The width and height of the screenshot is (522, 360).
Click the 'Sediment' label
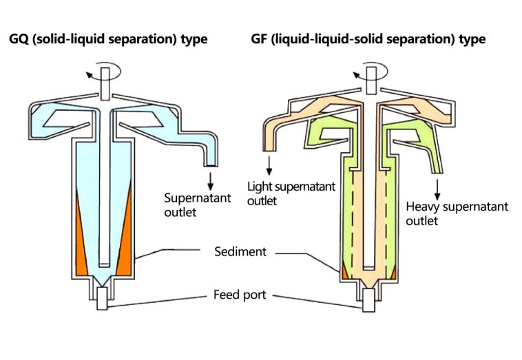(x=240, y=251)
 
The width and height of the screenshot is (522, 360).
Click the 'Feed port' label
(x=240, y=295)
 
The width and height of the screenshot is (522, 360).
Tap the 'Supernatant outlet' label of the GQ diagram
(x=198, y=205)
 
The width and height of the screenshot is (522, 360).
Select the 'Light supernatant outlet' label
(x=291, y=193)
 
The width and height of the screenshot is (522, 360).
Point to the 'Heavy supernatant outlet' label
(x=457, y=213)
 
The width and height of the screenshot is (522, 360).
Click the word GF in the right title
(x=260, y=39)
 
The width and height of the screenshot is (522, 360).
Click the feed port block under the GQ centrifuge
(x=102, y=299)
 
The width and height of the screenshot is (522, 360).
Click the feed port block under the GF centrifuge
(x=368, y=300)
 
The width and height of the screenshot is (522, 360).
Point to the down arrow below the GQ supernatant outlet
(x=210, y=182)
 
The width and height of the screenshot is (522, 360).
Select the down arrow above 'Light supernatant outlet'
(x=269, y=166)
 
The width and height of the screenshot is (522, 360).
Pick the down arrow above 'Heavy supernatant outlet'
(x=437, y=190)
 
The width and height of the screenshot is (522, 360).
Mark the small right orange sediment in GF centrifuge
(x=393, y=274)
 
